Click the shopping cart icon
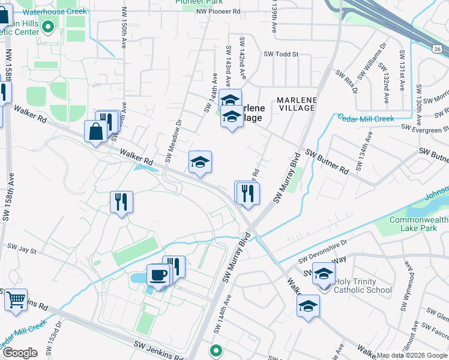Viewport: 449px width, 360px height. tap(16, 299)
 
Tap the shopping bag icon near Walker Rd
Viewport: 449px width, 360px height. tap(95, 131)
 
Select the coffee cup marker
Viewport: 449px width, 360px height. tap(158, 275)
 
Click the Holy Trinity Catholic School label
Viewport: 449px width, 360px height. tap(355, 286)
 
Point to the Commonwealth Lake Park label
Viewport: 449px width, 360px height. tap(418, 224)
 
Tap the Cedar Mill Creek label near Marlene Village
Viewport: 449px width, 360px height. tap(365, 118)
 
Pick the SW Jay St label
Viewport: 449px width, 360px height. tap(22, 247)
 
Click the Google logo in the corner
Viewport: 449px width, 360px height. tap(19, 353)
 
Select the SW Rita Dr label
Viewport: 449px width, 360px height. tap(346, 82)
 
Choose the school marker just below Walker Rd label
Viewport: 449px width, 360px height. tap(200, 161)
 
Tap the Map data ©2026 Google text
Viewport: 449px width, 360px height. tap(412, 355)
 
